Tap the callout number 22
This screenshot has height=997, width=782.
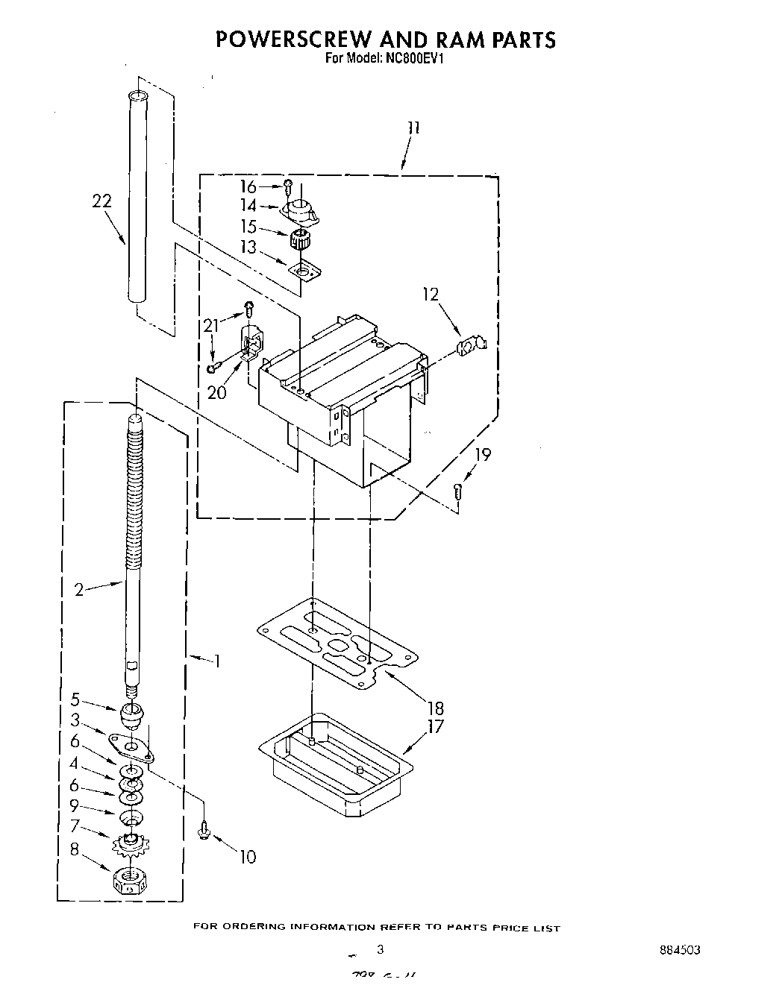point(102,201)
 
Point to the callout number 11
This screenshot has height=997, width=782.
point(413,128)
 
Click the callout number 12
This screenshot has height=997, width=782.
point(431,295)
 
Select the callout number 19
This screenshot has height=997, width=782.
point(483,453)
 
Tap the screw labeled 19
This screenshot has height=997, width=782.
point(458,491)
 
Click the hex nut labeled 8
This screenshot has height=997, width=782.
point(131,881)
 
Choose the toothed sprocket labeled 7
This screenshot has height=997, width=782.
point(131,843)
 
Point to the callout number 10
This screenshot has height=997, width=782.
point(247,857)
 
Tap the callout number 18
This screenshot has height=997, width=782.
point(435,708)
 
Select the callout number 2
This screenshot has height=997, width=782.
point(79,591)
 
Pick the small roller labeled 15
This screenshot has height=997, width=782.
point(299,240)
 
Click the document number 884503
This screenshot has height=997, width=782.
point(679,950)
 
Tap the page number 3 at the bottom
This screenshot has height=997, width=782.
point(380,950)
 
